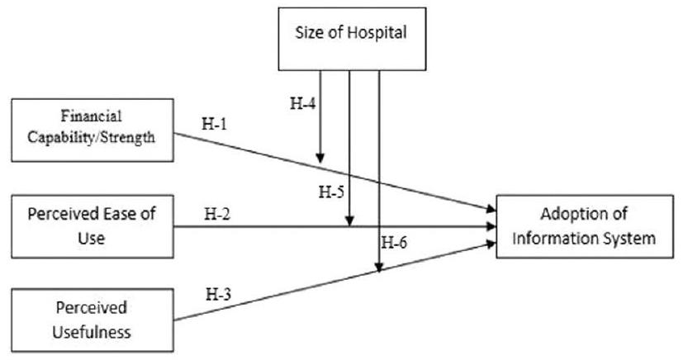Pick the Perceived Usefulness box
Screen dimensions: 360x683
click(92, 320)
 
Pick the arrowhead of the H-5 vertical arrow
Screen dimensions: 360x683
click(350, 220)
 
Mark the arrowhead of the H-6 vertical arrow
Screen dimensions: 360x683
click(379, 267)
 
